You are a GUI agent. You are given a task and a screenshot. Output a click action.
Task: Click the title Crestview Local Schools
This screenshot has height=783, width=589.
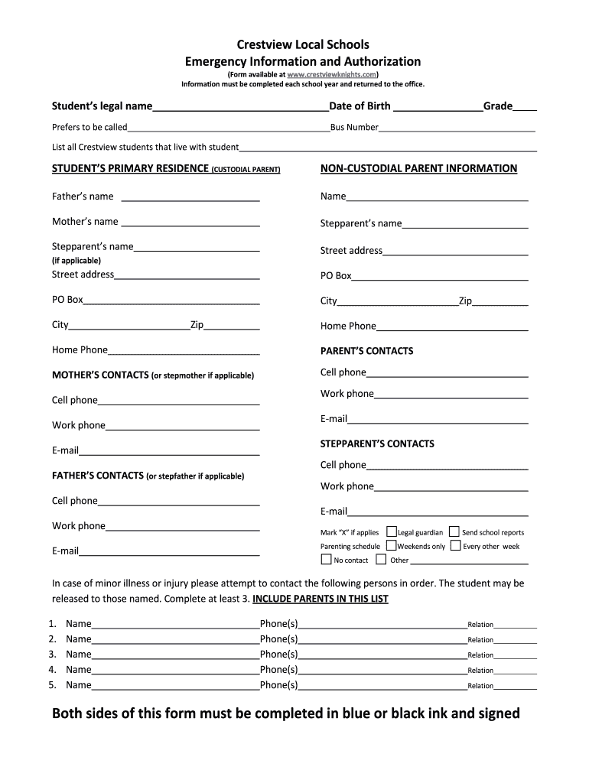coord(303,45)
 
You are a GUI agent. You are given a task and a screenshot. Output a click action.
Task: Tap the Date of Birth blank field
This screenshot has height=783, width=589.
coord(437,106)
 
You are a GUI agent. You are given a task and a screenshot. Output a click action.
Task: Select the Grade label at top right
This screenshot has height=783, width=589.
coord(497,106)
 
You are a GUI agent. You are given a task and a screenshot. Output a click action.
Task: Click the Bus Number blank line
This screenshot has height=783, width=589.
coord(457,128)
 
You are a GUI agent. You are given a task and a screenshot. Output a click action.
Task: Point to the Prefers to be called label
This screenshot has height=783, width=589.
coord(89,128)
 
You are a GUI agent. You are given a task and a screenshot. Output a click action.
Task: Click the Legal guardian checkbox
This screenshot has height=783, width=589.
coord(392,531)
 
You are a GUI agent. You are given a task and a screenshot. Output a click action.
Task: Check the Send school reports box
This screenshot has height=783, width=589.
coord(454,531)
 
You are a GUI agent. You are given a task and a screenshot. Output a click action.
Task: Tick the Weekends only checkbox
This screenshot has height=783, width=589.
coord(392,546)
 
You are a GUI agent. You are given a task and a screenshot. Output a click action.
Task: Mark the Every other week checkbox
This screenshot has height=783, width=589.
coord(456,546)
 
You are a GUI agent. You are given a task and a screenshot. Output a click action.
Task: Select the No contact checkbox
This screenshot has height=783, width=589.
coord(326,560)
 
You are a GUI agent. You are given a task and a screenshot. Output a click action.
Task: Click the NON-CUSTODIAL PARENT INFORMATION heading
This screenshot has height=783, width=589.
coord(418,168)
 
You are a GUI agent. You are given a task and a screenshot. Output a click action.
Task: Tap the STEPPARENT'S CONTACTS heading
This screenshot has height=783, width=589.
coord(377,443)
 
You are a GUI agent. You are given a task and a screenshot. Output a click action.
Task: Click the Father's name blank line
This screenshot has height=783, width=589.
coord(190,197)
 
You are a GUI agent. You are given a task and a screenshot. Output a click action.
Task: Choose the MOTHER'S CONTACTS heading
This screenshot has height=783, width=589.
coord(100,375)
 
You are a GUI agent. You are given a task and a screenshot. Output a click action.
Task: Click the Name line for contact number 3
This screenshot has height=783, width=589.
coord(175,655)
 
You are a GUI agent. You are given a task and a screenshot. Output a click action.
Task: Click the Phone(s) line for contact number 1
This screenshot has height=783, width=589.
coord(382,625)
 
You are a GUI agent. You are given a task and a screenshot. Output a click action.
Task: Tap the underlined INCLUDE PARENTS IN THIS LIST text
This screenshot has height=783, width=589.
coord(321,599)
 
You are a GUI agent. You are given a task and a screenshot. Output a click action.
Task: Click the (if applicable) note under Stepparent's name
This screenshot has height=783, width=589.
coord(76,260)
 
